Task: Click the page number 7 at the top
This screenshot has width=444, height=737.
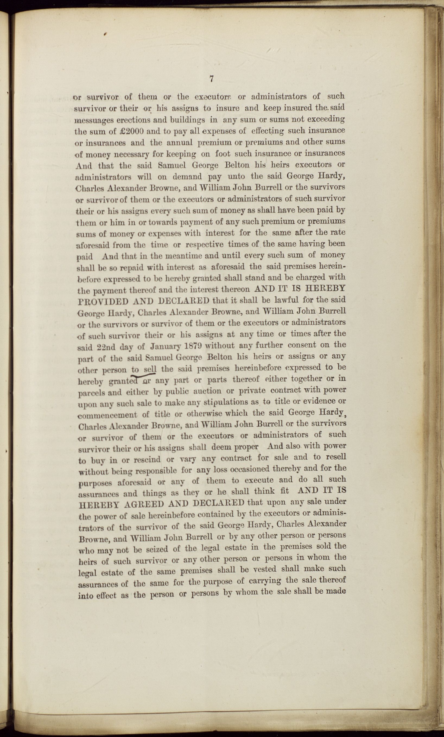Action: pyautogui.click(x=211, y=79)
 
